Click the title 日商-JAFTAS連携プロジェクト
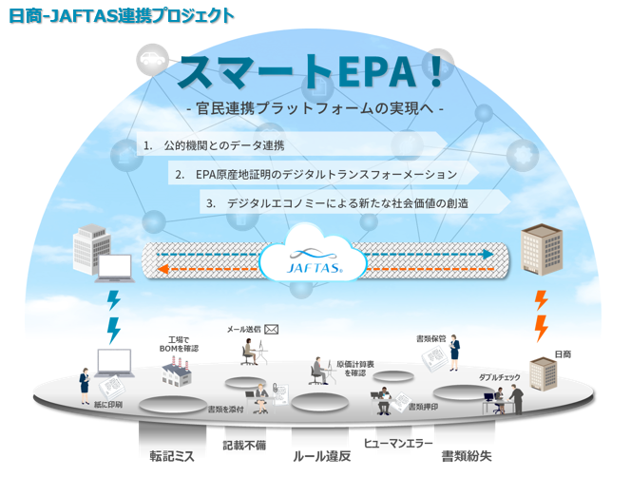click(120, 15)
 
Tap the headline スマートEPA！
click(315, 72)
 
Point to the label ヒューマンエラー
click(398, 445)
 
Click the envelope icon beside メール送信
click(271, 329)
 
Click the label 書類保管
click(431, 337)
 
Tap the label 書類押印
click(423, 407)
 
